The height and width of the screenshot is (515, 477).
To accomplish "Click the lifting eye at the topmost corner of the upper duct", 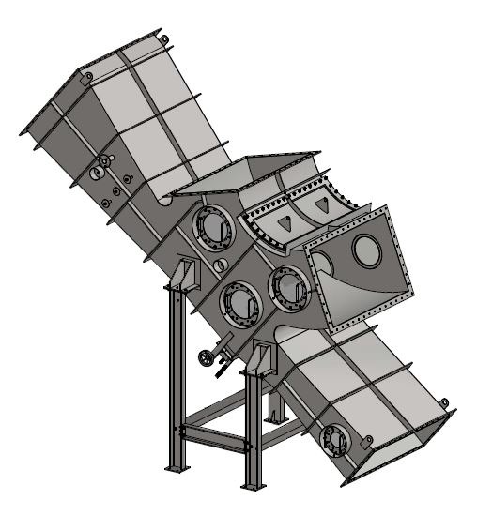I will click(163, 38).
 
